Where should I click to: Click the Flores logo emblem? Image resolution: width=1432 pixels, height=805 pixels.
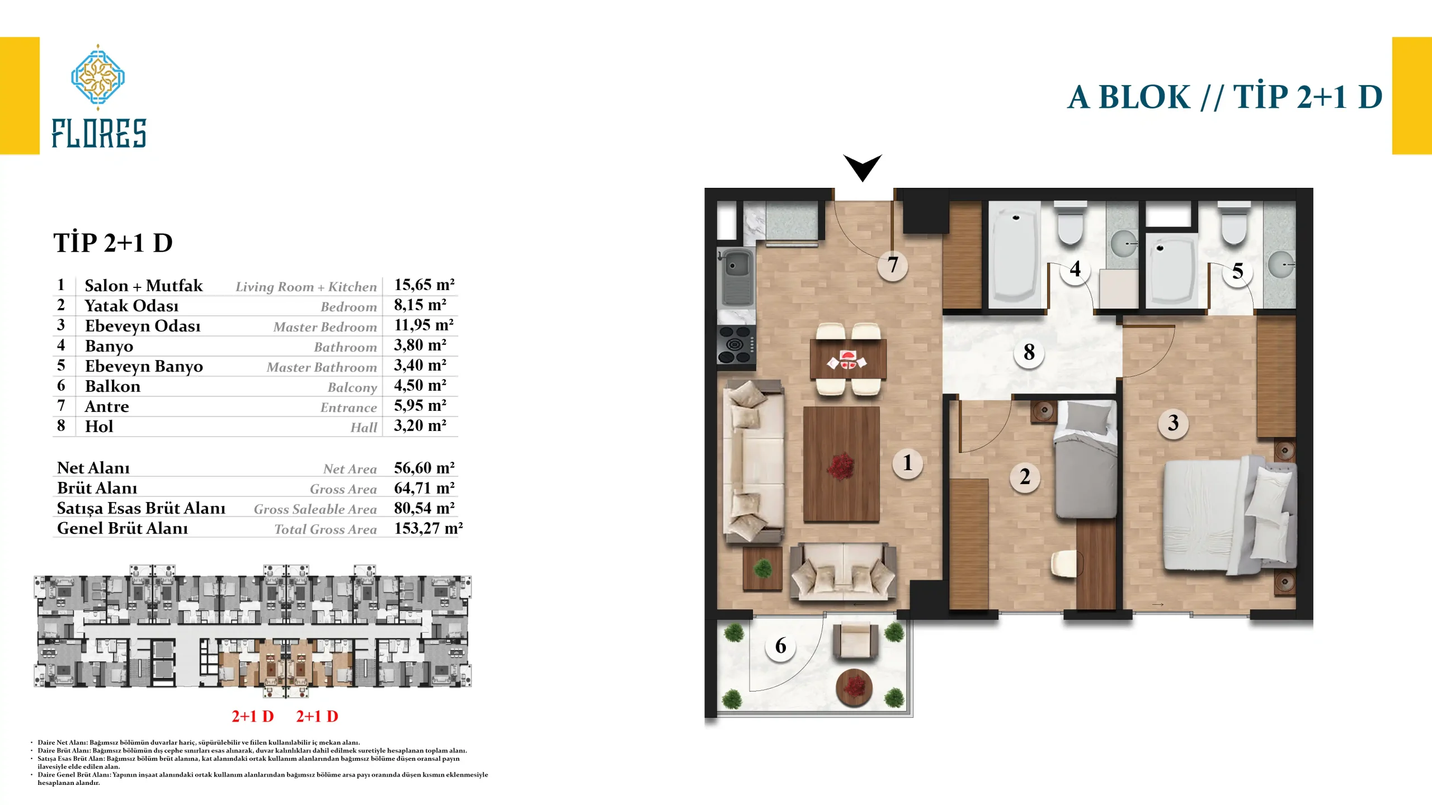98,77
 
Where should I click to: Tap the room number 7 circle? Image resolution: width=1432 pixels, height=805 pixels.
893,265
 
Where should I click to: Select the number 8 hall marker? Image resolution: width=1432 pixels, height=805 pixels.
1029,352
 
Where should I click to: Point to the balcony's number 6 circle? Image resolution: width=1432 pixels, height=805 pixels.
781,646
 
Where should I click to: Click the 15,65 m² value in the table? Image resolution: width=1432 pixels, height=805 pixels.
425,285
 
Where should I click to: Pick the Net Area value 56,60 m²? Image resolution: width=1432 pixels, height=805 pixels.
425,468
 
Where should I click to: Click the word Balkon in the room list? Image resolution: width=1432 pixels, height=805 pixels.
112,386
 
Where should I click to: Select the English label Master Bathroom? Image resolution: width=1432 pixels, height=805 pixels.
322,367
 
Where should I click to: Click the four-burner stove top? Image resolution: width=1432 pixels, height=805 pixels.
736,345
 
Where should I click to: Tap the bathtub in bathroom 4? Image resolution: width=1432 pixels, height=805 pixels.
1016,255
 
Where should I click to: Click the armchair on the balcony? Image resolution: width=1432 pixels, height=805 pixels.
855,641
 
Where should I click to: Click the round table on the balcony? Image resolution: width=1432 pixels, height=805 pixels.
854,687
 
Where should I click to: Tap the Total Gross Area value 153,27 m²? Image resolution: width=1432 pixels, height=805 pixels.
428,528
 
